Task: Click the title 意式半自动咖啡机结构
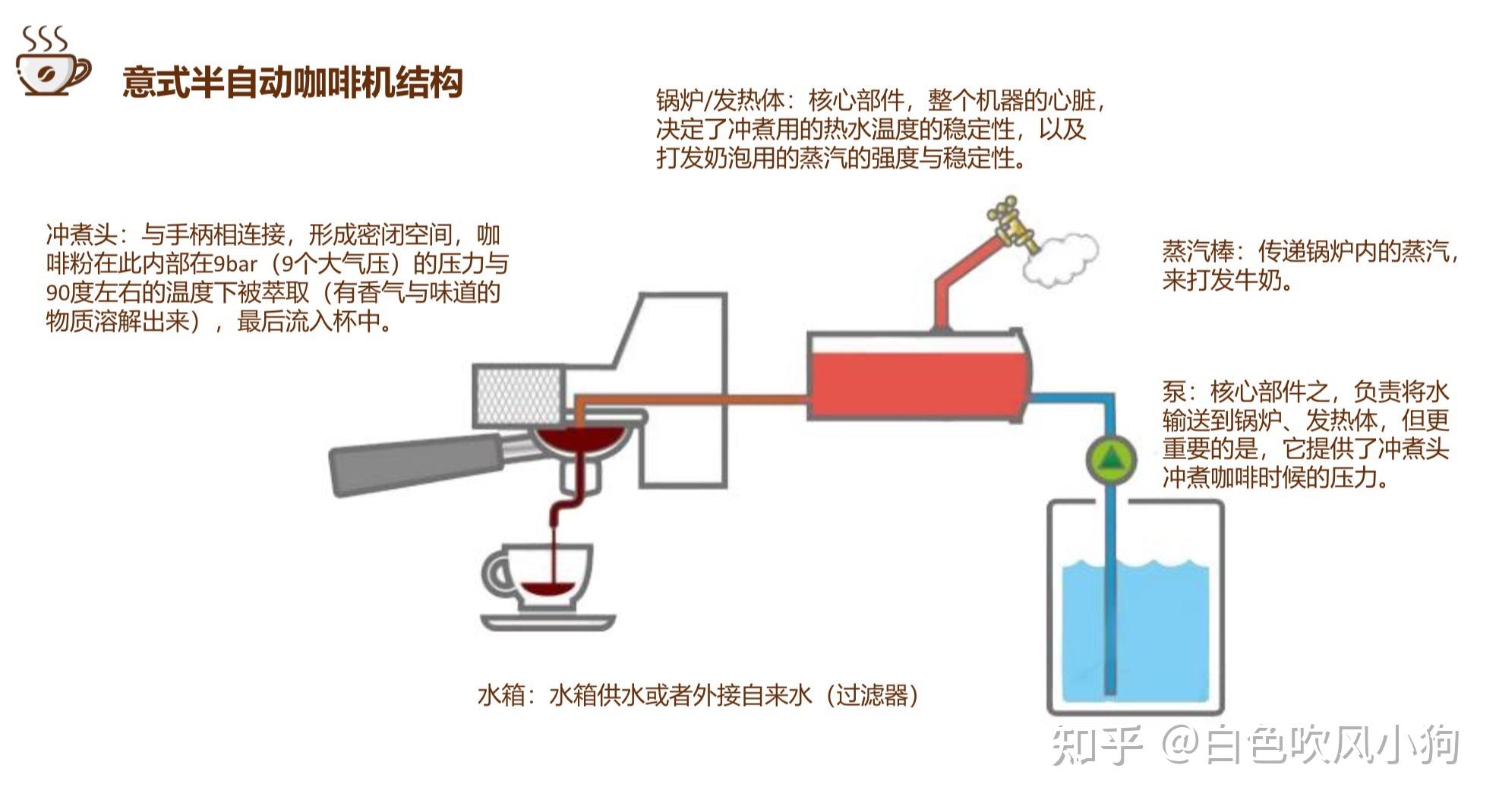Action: pos(292,82)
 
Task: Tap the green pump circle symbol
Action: pos(1110,460)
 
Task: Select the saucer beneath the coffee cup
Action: pos(548,622)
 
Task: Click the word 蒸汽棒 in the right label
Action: pos(1198,250)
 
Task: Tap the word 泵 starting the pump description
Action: pos(1174,392)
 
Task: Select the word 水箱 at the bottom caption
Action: pos(501,694)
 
